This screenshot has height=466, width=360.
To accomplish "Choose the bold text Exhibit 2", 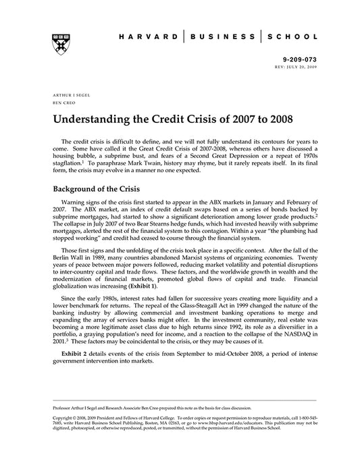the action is point(76,353).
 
